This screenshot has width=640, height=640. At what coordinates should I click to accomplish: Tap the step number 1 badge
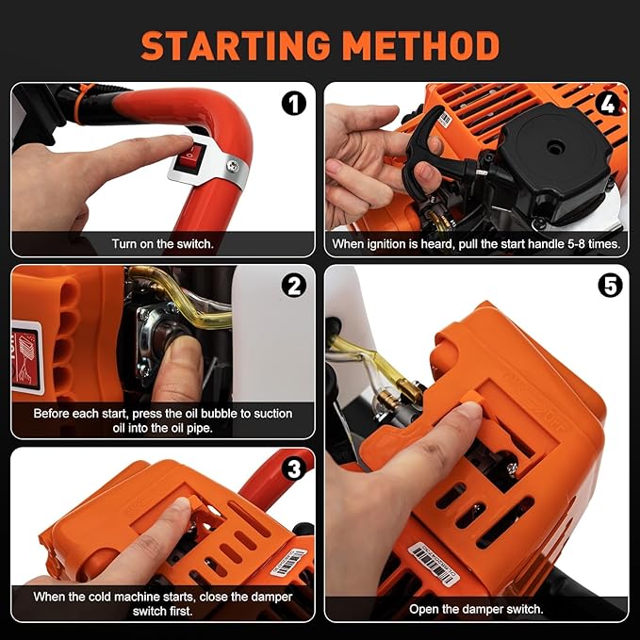click(294, 103)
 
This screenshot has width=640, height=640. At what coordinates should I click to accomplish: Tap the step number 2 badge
click(294, 284)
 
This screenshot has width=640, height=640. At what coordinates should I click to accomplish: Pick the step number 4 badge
click(608, 103)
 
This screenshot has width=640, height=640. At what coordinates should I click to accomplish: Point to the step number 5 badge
click(609, 284)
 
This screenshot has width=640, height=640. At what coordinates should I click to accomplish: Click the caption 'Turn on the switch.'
click(162, 244)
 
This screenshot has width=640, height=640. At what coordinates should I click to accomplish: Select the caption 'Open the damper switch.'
click(476, 609)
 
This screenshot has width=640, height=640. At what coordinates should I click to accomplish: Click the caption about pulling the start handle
click(476, 244)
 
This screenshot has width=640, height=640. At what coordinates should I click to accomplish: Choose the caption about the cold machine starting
click(162, 603)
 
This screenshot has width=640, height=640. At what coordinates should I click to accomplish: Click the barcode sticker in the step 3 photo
click(288, 562)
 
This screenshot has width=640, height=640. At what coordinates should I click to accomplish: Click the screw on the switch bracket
click(230, 167)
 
